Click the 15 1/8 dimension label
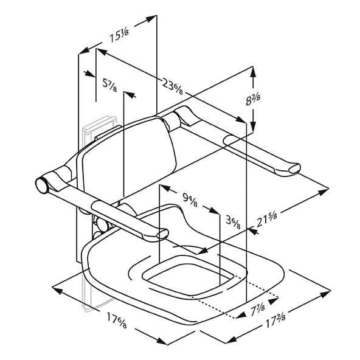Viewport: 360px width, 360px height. [119, 36]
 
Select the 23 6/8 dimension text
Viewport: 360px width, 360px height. [173, 86]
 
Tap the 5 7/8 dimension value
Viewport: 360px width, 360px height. [109, 85]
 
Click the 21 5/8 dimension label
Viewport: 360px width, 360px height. [266, 220]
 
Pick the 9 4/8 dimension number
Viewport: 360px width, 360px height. [190, 199]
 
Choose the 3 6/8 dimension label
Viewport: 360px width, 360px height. [233, 222]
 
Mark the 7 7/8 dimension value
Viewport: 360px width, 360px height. [258, 309]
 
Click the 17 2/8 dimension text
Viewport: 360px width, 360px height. [275, 320]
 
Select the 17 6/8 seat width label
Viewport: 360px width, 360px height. [116, 320]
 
